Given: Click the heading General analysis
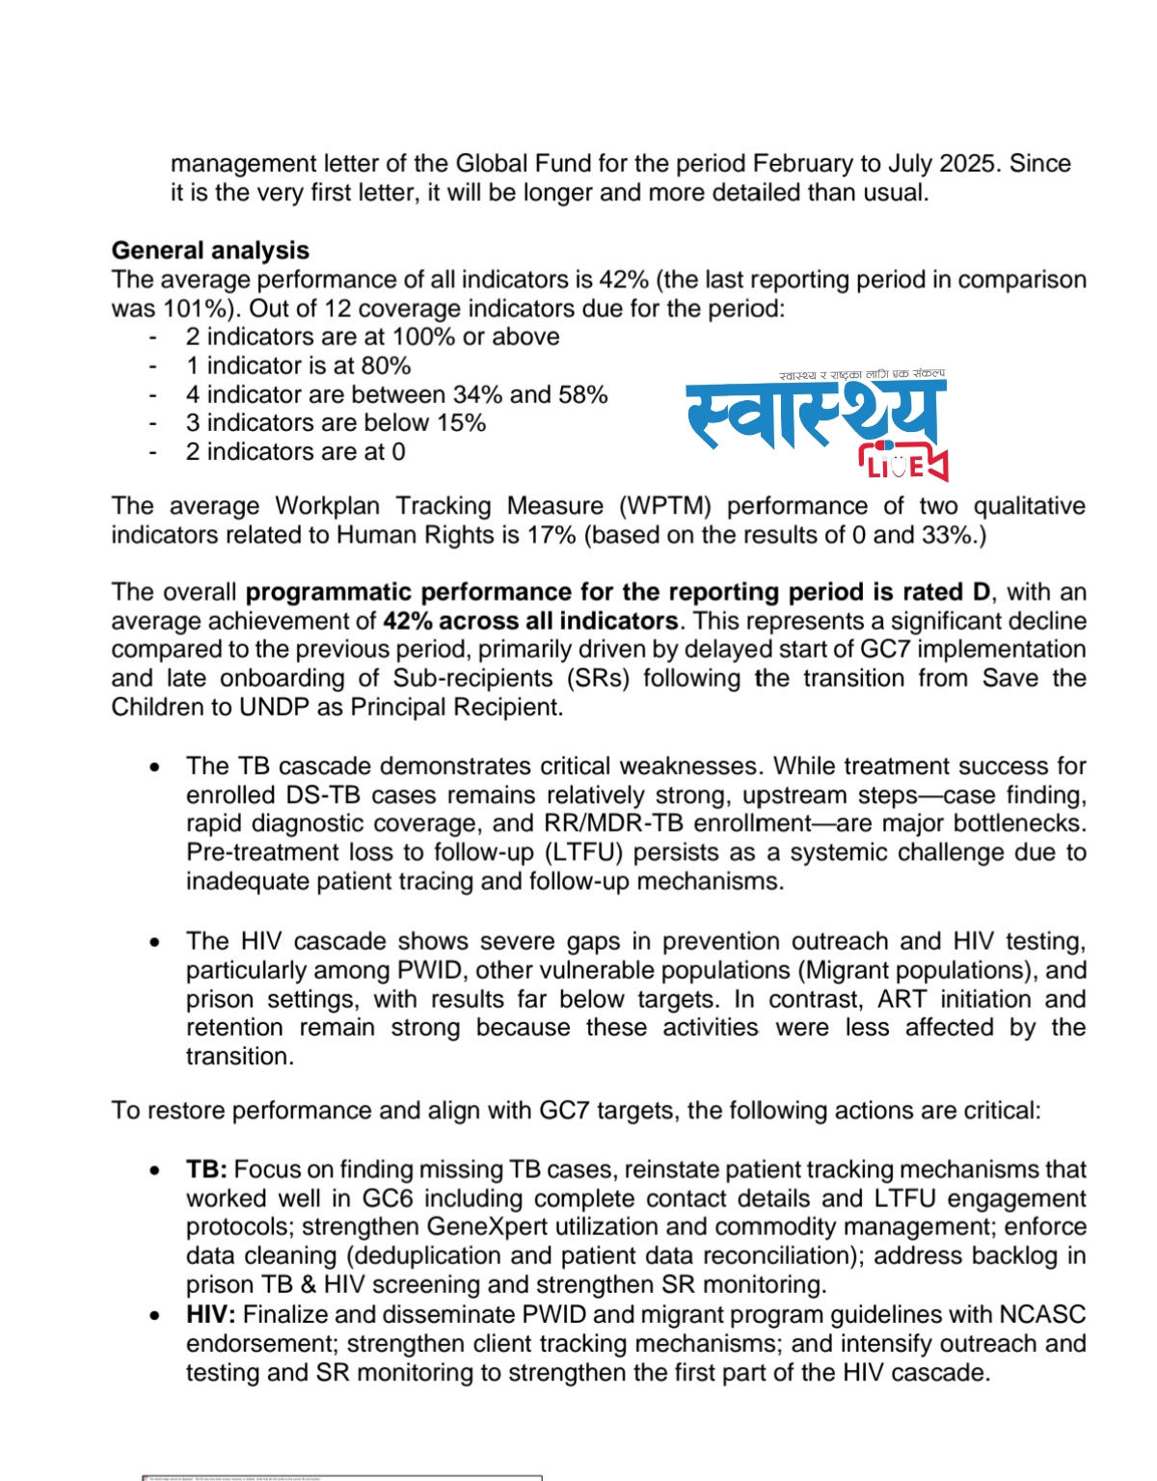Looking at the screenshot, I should pyautogui.click(x=210, y=251).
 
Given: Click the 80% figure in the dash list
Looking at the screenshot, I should pyautogui.click(x=387, y=366).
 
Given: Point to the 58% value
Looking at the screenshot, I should pyautogui.click(x=582, y=395).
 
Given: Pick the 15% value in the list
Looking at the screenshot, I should pyautogui.click(x=461, y=423).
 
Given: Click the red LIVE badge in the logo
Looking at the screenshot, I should pyautogui.click(x=903, y=466).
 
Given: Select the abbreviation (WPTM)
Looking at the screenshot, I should pyautogui.click(x=665, y=506).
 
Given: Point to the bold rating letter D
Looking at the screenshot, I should pyautogui.click(x=983, y=592).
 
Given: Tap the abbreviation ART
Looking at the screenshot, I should pyautogui.click(x=901, y=1000).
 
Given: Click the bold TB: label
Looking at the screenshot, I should pyautogui.click(x=206, y=1171).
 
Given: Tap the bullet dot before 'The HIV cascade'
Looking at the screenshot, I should pyautogui.click(x=154, y=942).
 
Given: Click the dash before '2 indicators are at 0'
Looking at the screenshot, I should pyautogui.click(x=153, y=452).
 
